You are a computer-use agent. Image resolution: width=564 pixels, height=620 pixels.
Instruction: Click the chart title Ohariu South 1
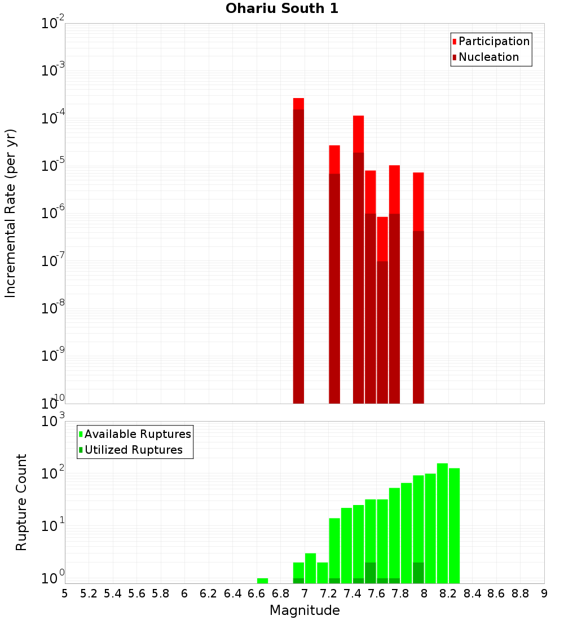click(282, 8)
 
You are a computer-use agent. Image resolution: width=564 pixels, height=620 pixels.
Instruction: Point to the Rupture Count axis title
click(21, 502)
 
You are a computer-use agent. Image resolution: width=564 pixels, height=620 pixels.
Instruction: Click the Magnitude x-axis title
click(305, 610)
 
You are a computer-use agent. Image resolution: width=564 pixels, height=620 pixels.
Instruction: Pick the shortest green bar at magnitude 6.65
click(262, 581)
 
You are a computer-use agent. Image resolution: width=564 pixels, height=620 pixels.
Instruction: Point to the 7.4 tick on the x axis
click(352, 594)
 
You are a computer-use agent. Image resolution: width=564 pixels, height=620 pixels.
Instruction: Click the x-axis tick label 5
click(65, 594)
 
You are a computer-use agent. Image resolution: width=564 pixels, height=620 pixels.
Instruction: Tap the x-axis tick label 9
click(544, 594)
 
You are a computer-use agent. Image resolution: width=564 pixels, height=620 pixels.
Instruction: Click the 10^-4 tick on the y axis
click(52, 119)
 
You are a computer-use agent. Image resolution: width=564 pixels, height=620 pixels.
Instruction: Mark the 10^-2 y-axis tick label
click(52, 24)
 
